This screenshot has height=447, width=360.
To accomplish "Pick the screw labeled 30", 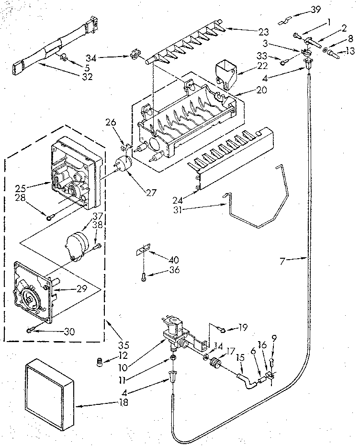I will (31, 330).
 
